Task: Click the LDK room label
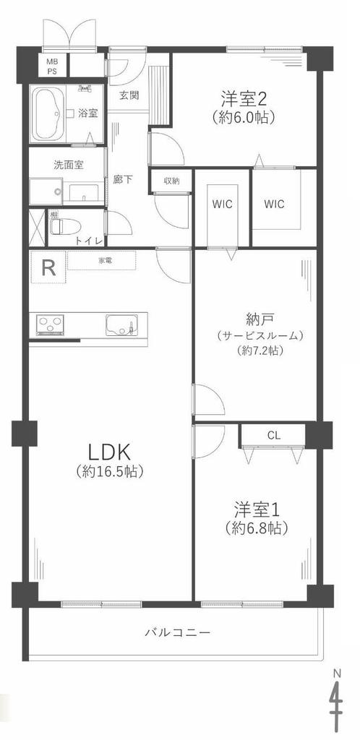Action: point(109,452)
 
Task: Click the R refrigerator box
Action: point(48,267)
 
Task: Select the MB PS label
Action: point(51,66)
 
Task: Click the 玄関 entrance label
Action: point(129,95)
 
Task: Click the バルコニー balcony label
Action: point(177,632)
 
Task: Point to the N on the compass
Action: point(337,671)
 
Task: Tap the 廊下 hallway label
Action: point(122,179)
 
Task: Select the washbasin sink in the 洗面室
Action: point(84,193)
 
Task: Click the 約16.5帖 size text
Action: point(109,471)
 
